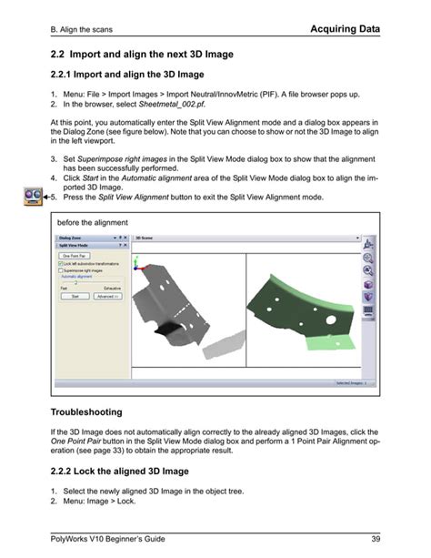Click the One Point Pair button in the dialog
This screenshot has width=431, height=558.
point(74,257)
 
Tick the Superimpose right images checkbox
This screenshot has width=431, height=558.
point(61,270)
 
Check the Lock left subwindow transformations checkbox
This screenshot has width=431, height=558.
point(61,264)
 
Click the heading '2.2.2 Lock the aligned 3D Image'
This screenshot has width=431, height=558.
point(120,471)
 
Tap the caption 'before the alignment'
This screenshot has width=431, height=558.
point(93,222)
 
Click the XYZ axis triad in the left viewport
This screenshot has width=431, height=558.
point(137,264)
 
